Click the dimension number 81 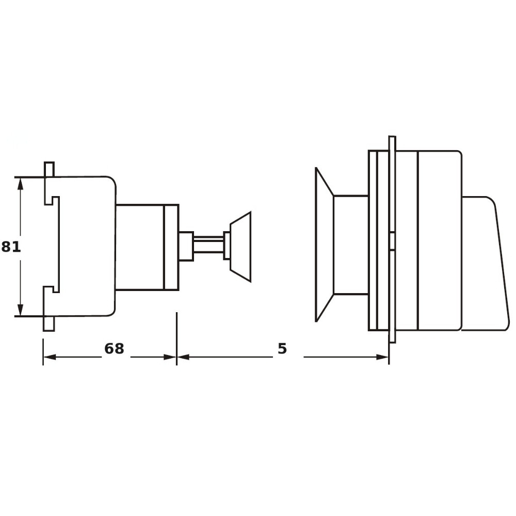point(11,247)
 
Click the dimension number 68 point(114,348)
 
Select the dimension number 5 point(282,348)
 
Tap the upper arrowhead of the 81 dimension point(21,184)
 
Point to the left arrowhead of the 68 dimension point(50,357)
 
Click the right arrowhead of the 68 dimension point(170,357)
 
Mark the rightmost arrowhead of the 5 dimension point(382,357)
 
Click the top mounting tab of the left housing point(49,169)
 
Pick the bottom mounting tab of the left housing point(49,324)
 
